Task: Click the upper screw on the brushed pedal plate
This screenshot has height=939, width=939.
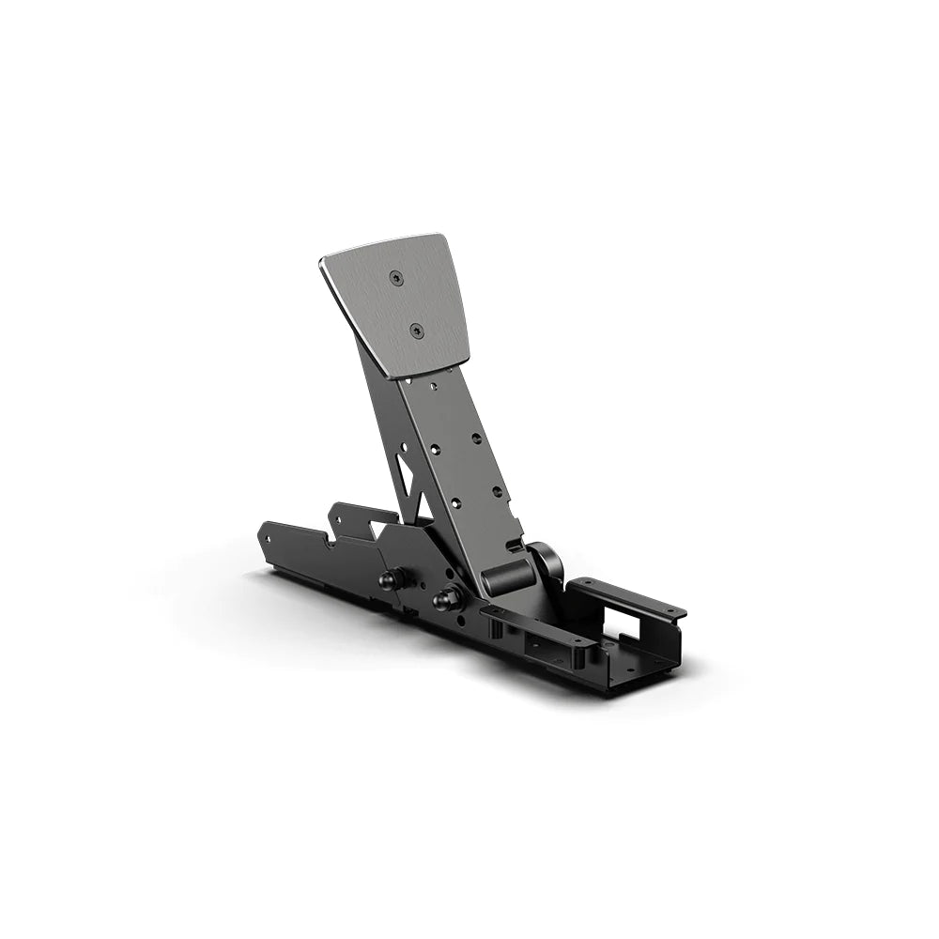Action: [395, 277]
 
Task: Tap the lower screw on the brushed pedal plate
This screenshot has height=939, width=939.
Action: [416, 330]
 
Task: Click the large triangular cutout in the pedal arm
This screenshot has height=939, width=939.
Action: [404, 473]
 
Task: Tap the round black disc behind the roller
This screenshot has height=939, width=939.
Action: [547, 562]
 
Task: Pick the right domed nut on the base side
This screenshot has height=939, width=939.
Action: [444, 596]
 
